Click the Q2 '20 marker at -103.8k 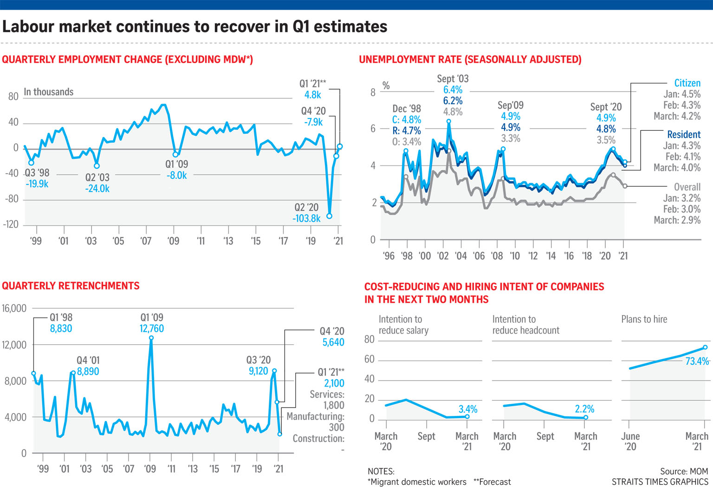(329, 216)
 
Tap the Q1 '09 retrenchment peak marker (151, 338)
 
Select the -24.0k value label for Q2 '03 (97, 189)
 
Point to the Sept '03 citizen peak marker (449, 121)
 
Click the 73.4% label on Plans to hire (697, 361)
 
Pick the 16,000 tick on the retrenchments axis (14, 309)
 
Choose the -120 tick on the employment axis (11, 224)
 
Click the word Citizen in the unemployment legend (687, 83)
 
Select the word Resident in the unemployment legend (683, 134)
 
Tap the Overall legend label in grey (687, 187)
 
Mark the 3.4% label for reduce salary (468, 409)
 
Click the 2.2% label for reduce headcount (584, 409)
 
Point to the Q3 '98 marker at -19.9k (31, 163)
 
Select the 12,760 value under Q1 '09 (152, 329)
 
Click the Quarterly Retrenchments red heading (71, 286)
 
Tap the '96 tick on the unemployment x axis (389, 256)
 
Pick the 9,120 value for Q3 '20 (258, 371)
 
